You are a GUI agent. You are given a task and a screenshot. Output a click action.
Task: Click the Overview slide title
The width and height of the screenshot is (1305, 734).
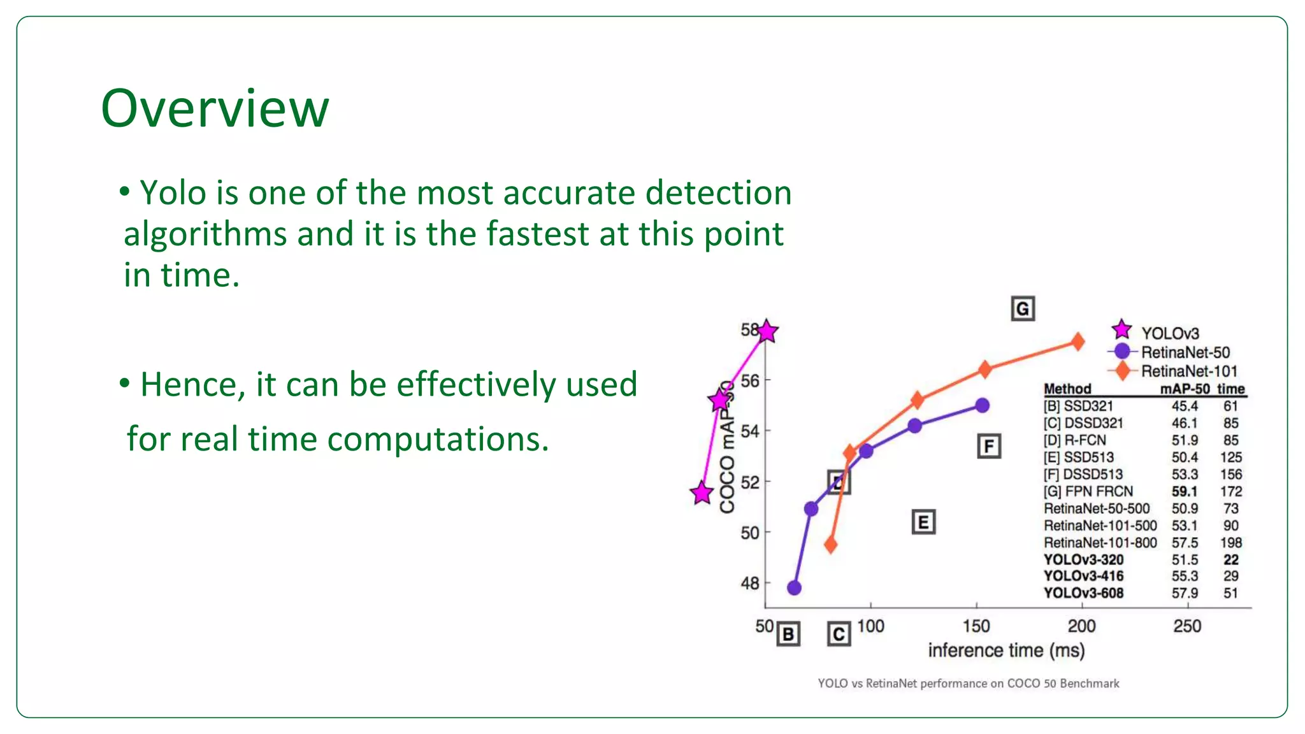click(x=215, y=108)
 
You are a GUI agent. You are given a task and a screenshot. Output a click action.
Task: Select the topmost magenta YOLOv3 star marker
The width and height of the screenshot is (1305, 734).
click(x=767, y=331)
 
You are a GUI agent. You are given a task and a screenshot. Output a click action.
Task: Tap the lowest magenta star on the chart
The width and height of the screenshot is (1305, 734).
click(x=702, y=493)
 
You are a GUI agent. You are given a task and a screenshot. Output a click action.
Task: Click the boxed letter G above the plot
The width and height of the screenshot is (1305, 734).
click(x=1023, y=309)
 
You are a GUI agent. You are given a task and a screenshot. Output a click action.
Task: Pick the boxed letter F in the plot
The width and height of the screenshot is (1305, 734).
click(x=989, y=446)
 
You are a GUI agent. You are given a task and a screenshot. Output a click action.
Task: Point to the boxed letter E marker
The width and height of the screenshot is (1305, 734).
click(x=923, y=522)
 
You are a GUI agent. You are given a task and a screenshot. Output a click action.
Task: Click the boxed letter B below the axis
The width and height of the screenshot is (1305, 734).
click(x=788, y=634)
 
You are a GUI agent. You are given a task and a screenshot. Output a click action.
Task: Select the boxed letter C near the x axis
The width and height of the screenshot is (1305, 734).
click(x=839, y=634)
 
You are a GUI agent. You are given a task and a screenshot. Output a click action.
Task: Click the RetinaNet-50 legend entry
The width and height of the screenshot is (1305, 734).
click(x=1185, y=352)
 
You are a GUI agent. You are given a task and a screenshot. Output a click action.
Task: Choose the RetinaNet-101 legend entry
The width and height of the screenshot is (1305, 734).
click(x=1188, y=371)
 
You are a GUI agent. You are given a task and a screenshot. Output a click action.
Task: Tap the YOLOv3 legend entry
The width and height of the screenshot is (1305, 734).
click(x=1169, y=333)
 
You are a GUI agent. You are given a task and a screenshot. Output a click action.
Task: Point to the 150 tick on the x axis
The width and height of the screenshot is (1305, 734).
click(x=976, y=626)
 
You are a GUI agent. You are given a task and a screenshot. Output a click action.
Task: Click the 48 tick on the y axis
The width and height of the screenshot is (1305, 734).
click(x=750, y=583)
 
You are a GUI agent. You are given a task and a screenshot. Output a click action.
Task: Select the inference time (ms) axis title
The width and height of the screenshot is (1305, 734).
click(x=1006, y=651)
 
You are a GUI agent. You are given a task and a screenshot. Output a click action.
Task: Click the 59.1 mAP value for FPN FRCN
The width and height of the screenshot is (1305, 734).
click(x=1184, y=491)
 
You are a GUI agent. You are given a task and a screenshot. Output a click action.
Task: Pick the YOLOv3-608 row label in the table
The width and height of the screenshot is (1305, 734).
click(x=1083, y=593)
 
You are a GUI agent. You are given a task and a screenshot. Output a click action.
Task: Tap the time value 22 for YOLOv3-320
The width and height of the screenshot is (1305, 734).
click(x=1230, y=559)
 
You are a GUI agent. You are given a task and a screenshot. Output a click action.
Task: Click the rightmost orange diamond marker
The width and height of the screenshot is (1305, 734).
click(x=1078, y=342)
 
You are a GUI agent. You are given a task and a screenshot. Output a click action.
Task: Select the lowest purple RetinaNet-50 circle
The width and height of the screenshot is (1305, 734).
click(x=794, y=587)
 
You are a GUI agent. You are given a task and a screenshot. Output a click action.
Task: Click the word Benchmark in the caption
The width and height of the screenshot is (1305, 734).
click(x=1090, y=684)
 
